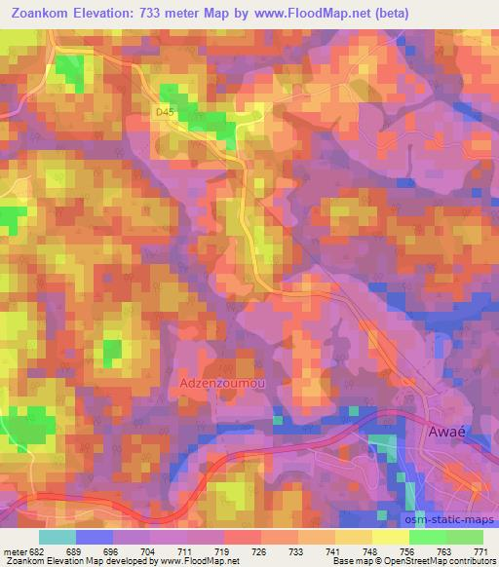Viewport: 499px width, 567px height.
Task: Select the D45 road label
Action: [x=164, y=113]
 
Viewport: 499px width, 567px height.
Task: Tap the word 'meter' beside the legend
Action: [x=14, y=549]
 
